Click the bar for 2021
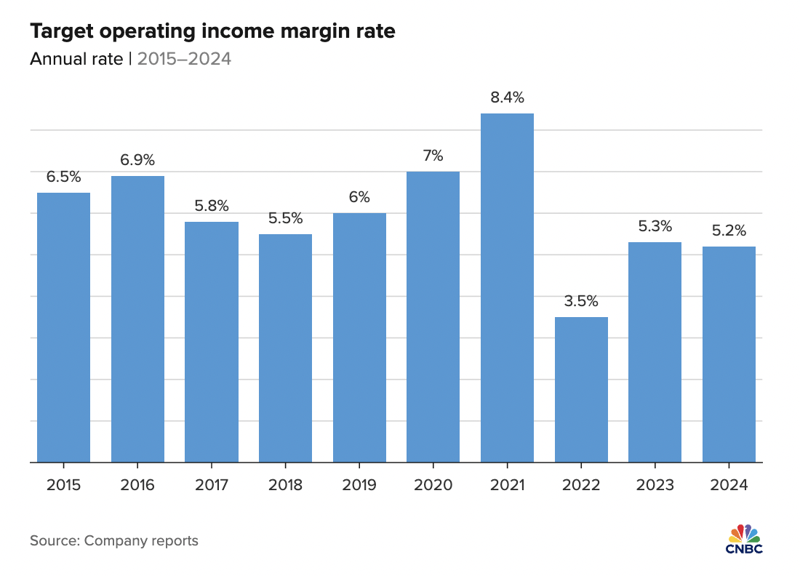[507, 287]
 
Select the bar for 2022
[581, 389]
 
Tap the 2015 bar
[64, 327]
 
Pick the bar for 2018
[285, 348]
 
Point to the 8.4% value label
[507, 97]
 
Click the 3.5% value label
[581, 301]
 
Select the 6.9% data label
[137, 160]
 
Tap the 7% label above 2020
[433, 156]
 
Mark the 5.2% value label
[729, 231]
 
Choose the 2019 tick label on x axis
[359, 485]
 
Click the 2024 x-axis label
[729, 485]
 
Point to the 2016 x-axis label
[137, 485]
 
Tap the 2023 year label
[655, 485]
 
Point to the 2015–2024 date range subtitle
[184, 59]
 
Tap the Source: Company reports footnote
[114, 540]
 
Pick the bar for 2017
[212, 342]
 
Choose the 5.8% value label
[212, 206]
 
